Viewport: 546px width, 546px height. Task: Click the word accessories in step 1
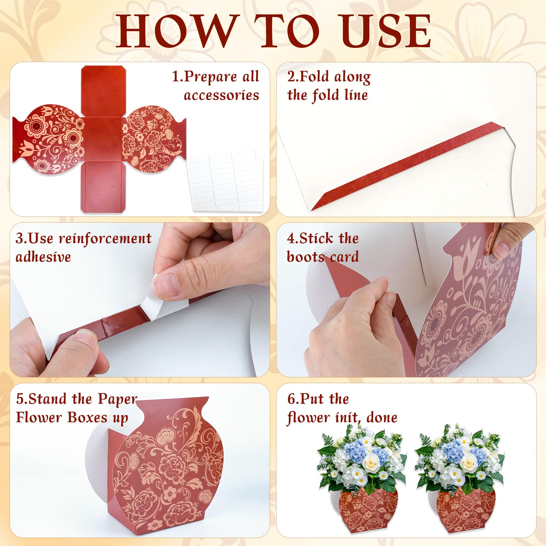(221, 95)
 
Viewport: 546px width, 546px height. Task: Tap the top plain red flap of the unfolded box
(103, 92)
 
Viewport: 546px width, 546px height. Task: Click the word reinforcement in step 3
(105, 239)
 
